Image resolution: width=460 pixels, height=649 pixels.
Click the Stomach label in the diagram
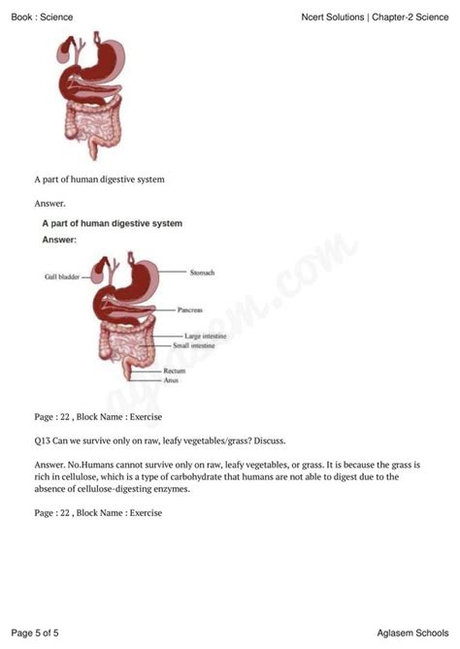click(202, 274)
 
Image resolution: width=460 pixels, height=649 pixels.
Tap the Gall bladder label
click(61, 277)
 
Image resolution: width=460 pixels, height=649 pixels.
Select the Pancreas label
click(190, 311)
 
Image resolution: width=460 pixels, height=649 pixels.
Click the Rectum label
click(175, 371)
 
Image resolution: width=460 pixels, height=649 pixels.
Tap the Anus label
click(171, 380)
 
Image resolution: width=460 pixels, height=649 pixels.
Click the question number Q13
click(43, 440)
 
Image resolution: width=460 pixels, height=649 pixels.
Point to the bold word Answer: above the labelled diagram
click(59, 239)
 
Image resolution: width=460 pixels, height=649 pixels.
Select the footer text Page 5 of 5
click(35, 633)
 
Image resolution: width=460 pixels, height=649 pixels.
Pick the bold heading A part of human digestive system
click(112, 223)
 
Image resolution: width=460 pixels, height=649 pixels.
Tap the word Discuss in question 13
click(267, 440)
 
